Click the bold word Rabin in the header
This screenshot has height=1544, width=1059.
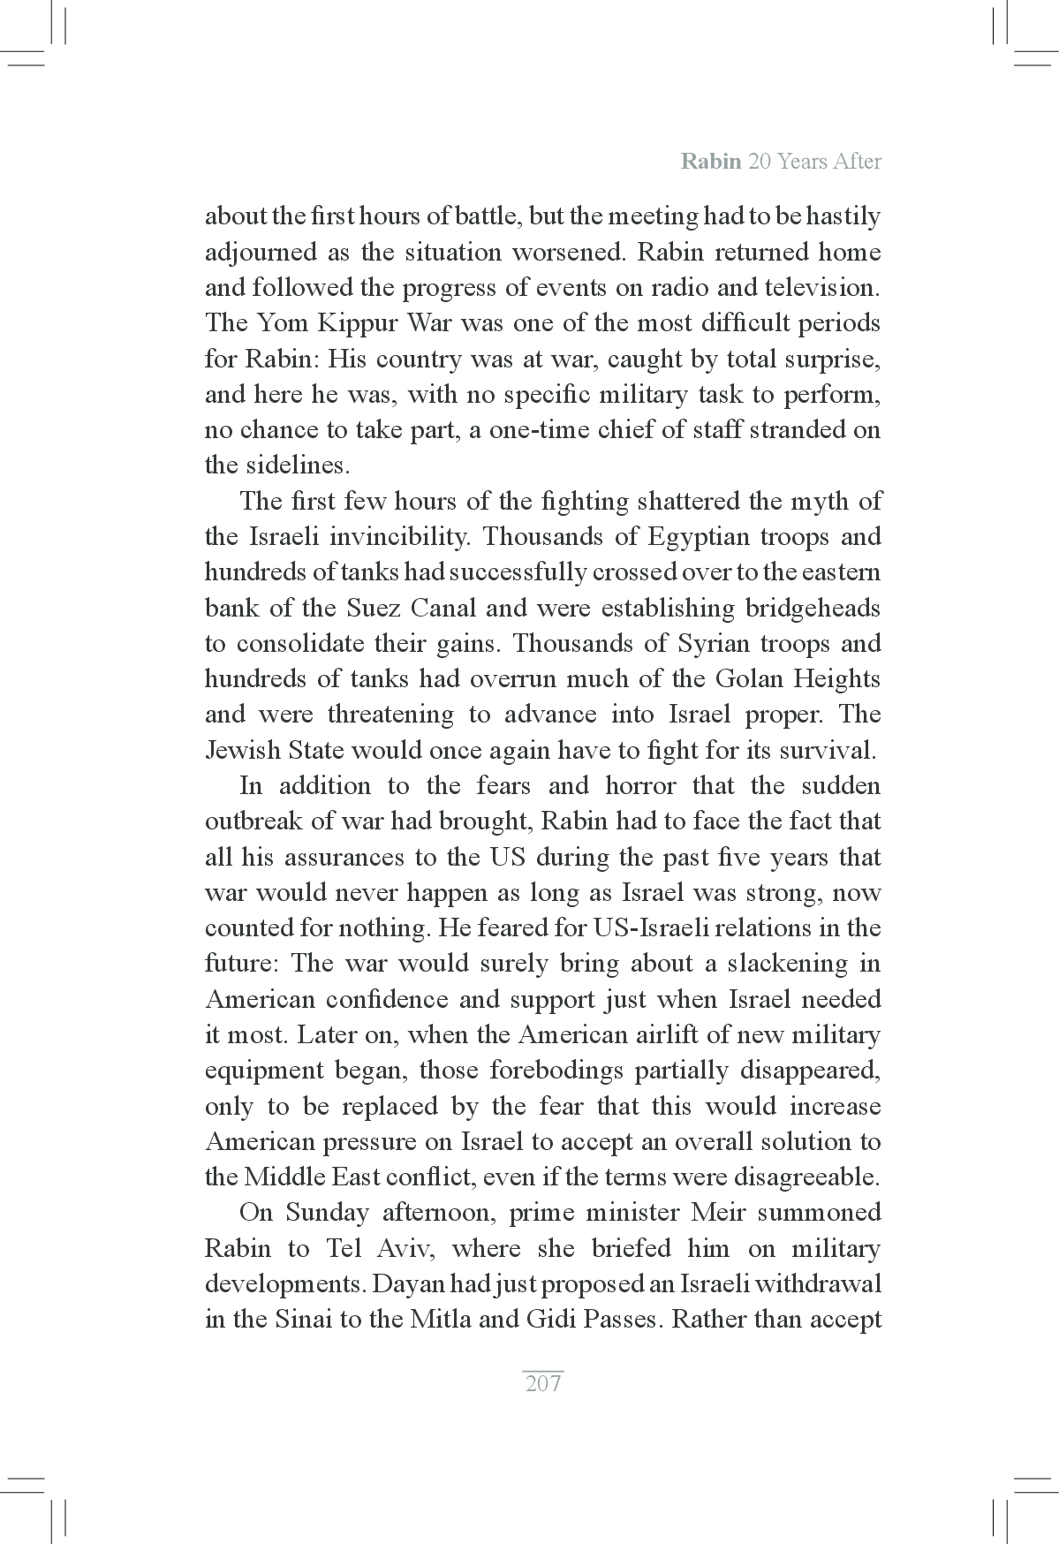pos(710,162)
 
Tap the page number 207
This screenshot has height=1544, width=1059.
pos(543,1383)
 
